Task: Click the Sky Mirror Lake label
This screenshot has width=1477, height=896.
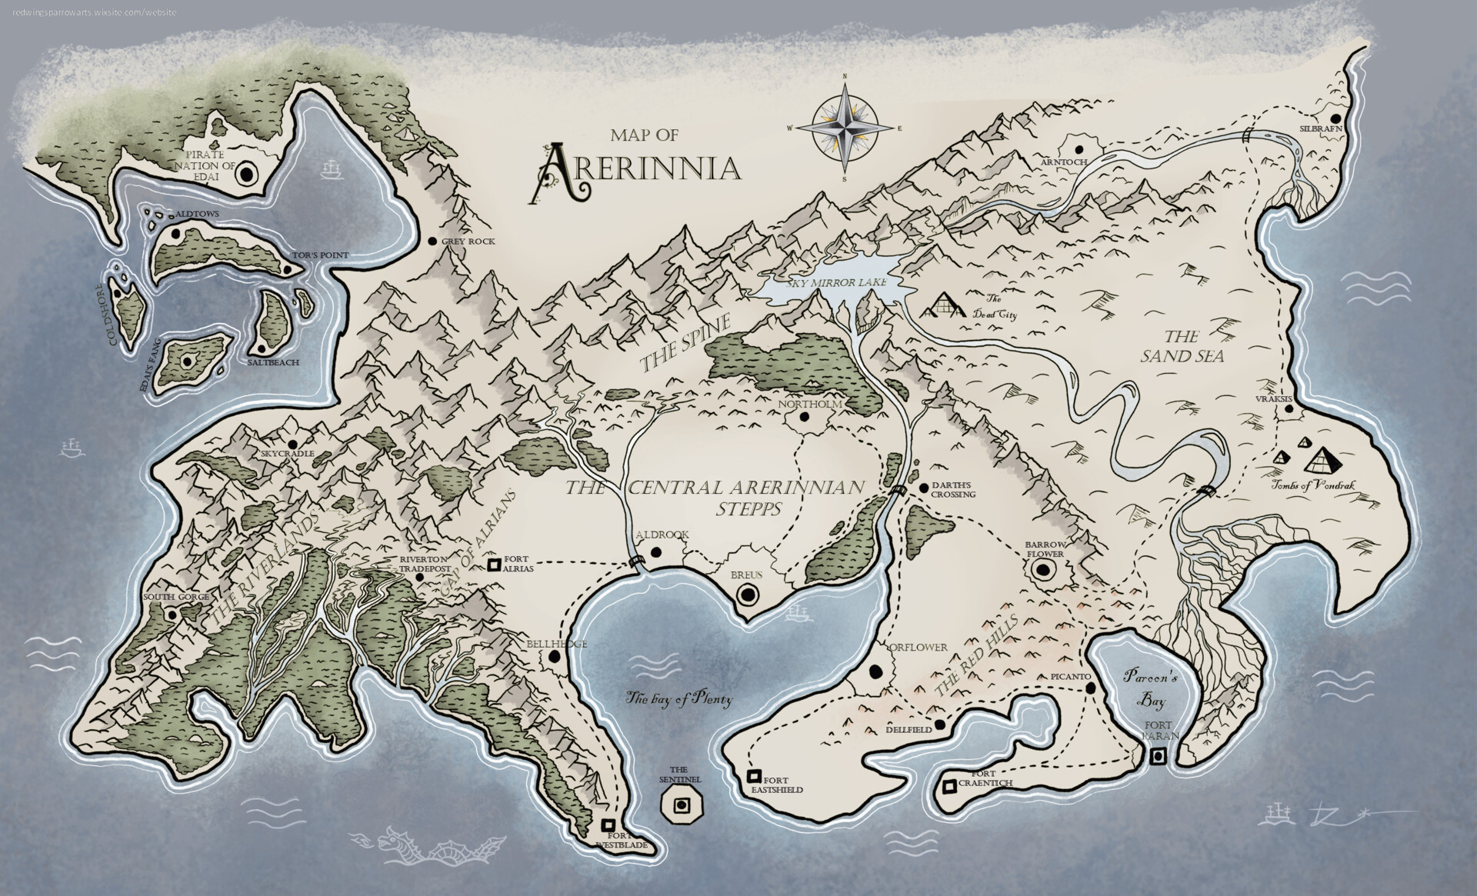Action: (837, 283)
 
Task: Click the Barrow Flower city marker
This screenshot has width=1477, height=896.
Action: (1043, 570)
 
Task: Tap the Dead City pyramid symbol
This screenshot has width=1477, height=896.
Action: (944, 307)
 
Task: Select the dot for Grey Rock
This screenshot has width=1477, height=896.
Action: (433, 241)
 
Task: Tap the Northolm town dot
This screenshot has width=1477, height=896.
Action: (805, 417)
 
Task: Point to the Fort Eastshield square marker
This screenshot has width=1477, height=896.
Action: (755, 776)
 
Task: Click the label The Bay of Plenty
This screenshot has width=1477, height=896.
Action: (679, 700)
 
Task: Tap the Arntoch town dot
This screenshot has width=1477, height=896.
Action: (1079, 148)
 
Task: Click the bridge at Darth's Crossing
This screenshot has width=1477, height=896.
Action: (898, 492)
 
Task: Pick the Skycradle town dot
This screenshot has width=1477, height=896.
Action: (292, 445)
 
